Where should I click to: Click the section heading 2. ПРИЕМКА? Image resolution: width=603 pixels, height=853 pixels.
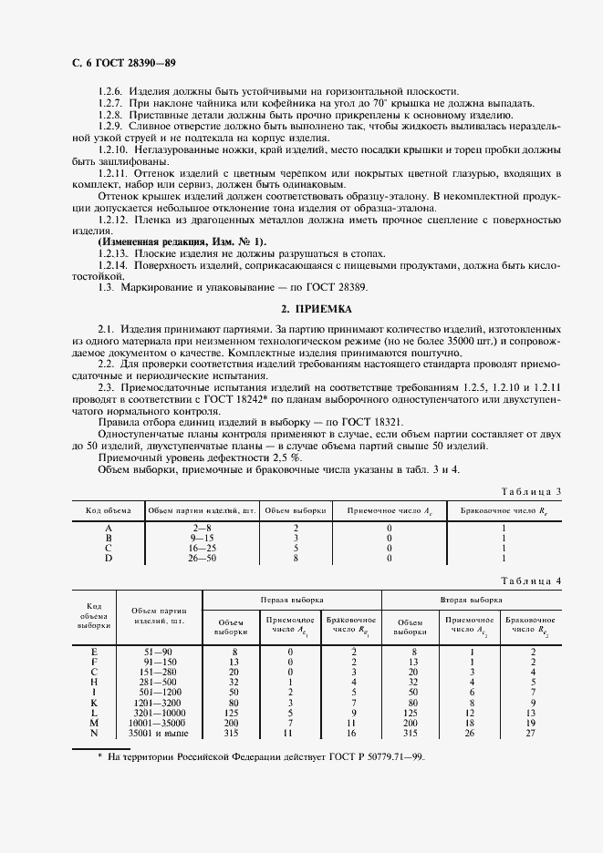coord(301,309)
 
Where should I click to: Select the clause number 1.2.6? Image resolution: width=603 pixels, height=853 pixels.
coord(110,91)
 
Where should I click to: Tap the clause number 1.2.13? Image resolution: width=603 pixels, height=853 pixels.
coord(112,252)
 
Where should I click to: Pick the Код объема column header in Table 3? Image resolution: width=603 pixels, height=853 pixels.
coord(109,510)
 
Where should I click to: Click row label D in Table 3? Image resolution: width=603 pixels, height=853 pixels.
coord(109,558)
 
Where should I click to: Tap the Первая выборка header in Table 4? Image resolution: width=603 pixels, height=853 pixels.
coord(291,601)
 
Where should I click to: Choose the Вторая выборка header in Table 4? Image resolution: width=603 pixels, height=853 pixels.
coord(471,601)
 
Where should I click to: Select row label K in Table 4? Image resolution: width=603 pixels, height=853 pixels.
coord(94,703)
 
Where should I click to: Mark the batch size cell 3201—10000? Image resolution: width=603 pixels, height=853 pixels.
coord(160,713)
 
